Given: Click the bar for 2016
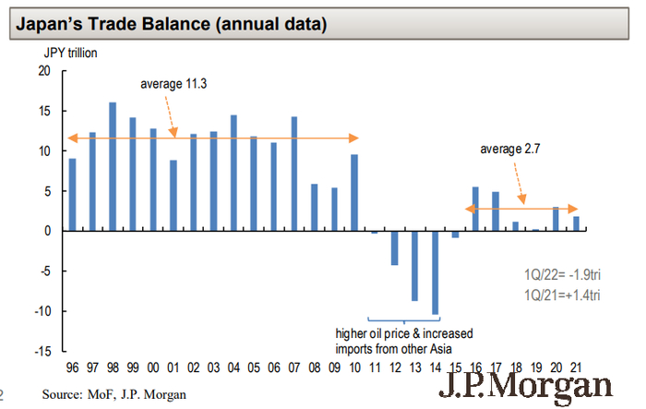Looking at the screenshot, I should (x=474, y=209).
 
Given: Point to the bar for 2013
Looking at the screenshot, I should (x=414, y=265).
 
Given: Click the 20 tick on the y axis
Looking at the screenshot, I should (x=44, y=71).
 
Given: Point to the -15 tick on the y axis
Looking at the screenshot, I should (x=42, y=352).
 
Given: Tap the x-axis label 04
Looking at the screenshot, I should (x=233, y=367).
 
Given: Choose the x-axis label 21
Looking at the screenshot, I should (x=575, y=367).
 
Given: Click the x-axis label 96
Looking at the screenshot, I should (x=73, y=367).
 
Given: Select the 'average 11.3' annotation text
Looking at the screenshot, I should (x=173, y=84).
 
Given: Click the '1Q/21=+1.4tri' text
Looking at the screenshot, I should (x=561, y=295).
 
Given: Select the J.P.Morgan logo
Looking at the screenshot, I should (x=532, y=386).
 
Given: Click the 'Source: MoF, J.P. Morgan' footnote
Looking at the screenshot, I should (x=114, y=395).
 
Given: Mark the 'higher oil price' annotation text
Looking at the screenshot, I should (x=406, y=333).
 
